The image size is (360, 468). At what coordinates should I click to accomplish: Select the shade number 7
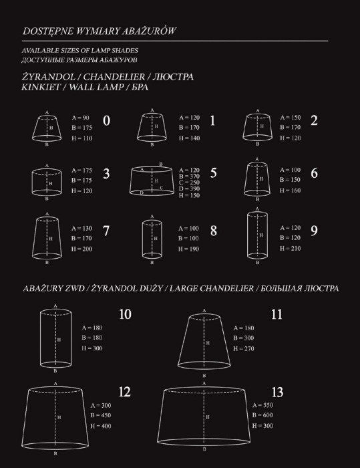pyautogui.click(x=106, y=230)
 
